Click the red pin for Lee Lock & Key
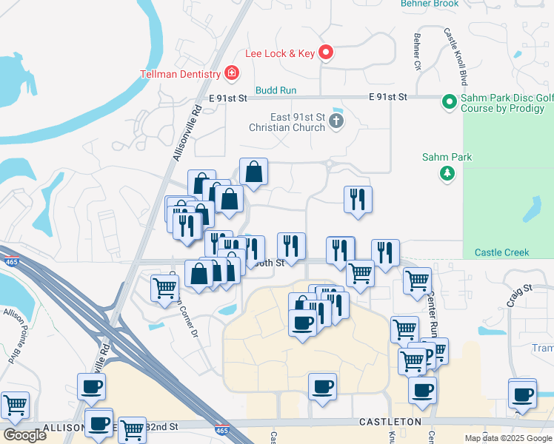(327, 53)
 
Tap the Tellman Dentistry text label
(181, 74)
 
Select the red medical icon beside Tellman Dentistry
(232, 73)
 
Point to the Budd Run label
(276, 90)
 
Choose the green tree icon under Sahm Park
(447, 173)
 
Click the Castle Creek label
(501, 252)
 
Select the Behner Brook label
(430, 4)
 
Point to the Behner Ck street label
(418, 53)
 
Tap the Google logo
(24, 435)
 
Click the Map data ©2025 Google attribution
(507, 438)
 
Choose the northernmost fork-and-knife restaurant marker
(358, 198)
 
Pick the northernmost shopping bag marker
(253, 172)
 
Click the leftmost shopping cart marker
(15, 405)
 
